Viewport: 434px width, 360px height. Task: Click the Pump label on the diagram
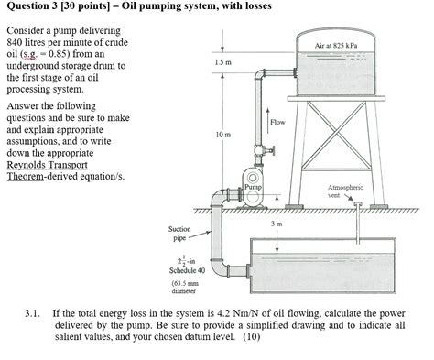(254, 187)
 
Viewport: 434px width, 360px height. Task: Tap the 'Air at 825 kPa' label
(336, 46)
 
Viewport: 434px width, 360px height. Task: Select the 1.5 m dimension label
(222, 62)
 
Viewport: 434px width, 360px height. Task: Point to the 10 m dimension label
(223, 135)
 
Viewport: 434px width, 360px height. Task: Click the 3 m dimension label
(277, 224)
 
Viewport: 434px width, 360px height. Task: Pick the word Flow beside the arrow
(277, 122)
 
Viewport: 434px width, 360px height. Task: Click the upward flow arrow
(268, 119)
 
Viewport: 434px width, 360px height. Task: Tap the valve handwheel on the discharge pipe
(272, 150)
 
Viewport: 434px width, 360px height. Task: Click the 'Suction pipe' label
(179, 234)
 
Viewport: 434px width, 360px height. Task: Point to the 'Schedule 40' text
(187, 270)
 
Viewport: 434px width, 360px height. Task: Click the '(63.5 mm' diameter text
(185, 283)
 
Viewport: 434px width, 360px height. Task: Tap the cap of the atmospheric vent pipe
(357, 203)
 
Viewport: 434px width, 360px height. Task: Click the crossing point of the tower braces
(337, 134)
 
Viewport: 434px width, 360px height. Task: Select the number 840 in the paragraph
(14, 42)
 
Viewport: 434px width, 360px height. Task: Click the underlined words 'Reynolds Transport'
(48, 165)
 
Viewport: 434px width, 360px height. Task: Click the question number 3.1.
(33, 313)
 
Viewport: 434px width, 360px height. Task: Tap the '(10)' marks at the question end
(252, 337)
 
